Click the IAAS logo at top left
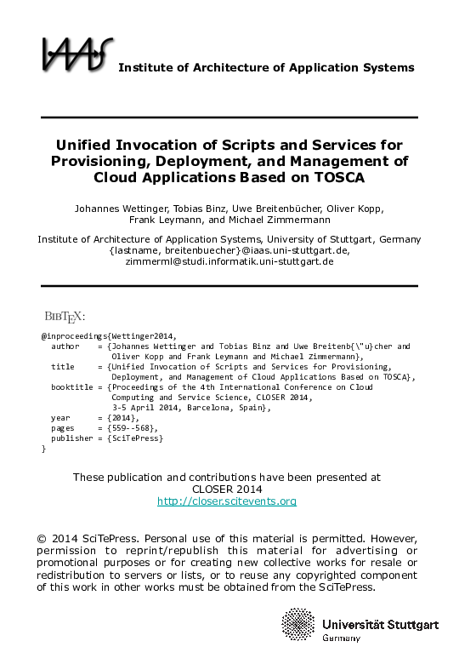point(76,54)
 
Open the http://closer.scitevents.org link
point(227,501)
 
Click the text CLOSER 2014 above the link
point(227,489)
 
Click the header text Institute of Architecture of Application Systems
point(266,67)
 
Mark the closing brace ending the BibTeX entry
point(43,448)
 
